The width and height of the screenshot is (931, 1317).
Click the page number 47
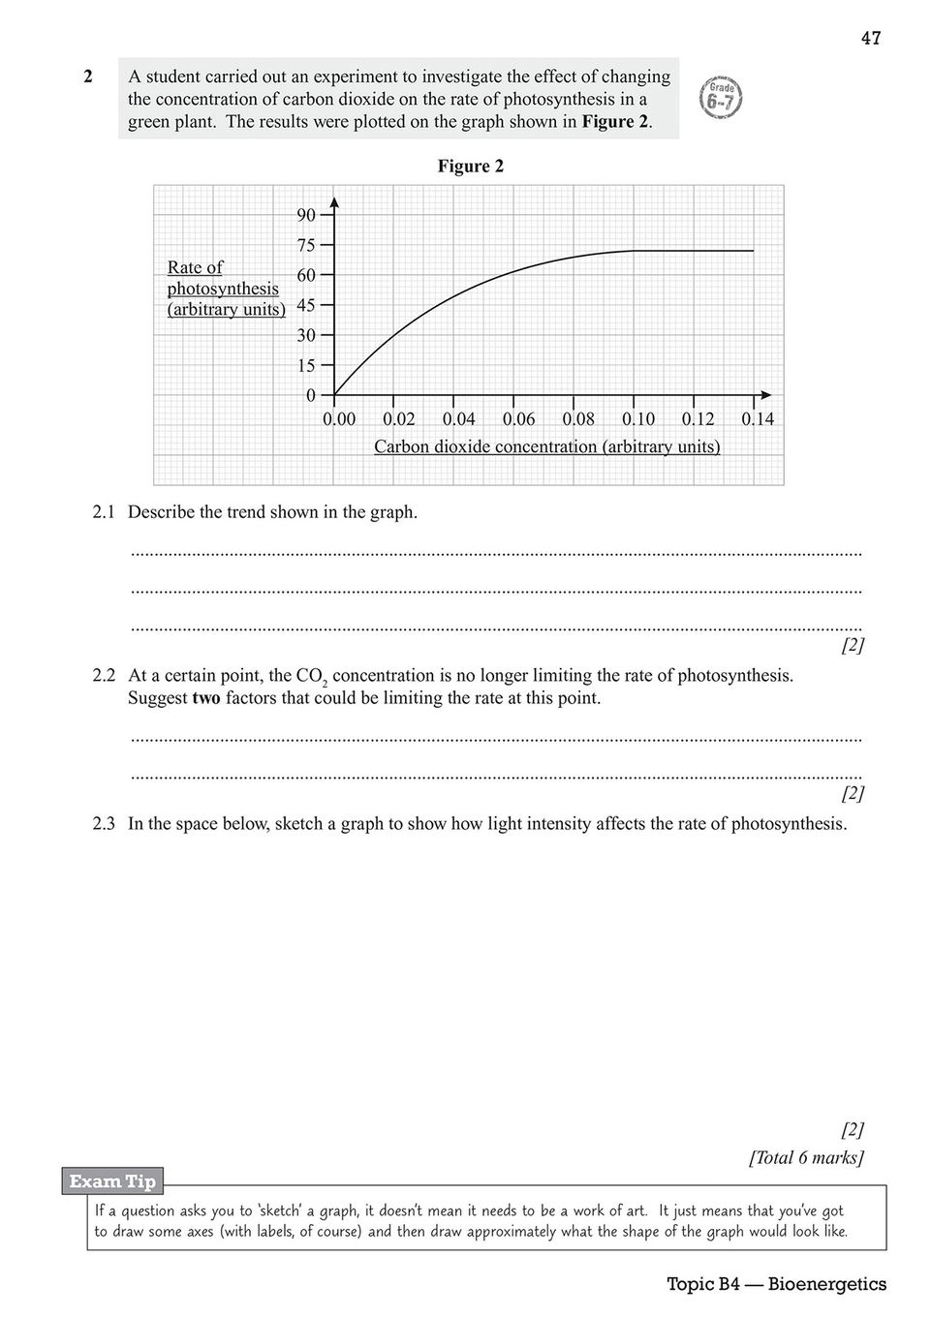tap(870, 39)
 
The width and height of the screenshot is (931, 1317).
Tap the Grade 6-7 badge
tap(721, 98)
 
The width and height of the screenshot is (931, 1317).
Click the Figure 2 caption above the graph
tap(470, 167)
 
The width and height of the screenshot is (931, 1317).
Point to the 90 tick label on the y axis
tap(306, 215)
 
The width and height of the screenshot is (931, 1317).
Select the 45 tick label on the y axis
tap(306, 305)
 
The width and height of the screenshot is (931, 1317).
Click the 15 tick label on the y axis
tap(306, 365)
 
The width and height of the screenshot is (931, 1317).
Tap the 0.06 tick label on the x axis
tap(518, 420)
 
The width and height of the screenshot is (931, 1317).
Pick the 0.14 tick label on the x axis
tap(758, 420)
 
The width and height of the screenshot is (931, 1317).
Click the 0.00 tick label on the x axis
tap(339, 420)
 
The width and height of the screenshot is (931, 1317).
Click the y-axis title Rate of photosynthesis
tap(224, 288)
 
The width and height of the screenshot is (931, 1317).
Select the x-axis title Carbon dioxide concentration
tap(546, 447)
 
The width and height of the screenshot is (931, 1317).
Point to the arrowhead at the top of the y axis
tap(334, 201)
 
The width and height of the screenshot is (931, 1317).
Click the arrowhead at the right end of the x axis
tap(766, 395)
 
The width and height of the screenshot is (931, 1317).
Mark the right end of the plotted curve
tap(753, 251)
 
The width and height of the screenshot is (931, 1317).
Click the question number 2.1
tap(104, 512)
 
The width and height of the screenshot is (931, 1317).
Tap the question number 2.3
tap(104, 825)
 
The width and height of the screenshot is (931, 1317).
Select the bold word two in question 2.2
tap(206, 698)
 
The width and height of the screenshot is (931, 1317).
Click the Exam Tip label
tap(112, 1181)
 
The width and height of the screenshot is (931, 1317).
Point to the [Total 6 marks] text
tap(806, 1158)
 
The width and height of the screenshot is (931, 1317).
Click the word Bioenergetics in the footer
tap(828, 1285)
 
